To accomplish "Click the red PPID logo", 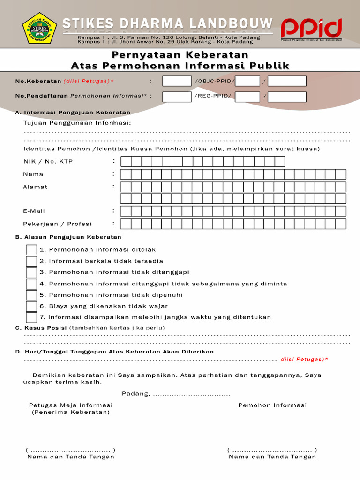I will pos(311,29).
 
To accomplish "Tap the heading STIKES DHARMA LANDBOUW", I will pos(168,23).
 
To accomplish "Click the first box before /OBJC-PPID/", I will pos(177,81).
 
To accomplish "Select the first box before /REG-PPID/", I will pos(177,97).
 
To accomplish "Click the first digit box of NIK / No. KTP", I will pos(126,162).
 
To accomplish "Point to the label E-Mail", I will pos(34,211).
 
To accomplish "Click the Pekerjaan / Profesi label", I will pos(57,224).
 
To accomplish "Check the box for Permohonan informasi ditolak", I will pos(31,250).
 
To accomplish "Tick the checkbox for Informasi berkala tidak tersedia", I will pos(31,261).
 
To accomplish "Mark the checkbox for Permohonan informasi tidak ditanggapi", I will pos(31,272).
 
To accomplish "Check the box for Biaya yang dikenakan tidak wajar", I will pos(31,306).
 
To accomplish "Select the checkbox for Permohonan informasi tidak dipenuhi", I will pos(31,295).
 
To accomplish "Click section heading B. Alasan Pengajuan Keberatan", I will pos(68,237).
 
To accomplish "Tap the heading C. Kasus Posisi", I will pos(42,328).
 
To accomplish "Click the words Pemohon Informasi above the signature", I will pos(272,405).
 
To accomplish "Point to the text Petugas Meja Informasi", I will pos(71,405).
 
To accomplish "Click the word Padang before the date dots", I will pos(135,393).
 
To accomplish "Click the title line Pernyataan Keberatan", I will pos(180,55).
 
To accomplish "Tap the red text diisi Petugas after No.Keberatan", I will pos(89,81).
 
